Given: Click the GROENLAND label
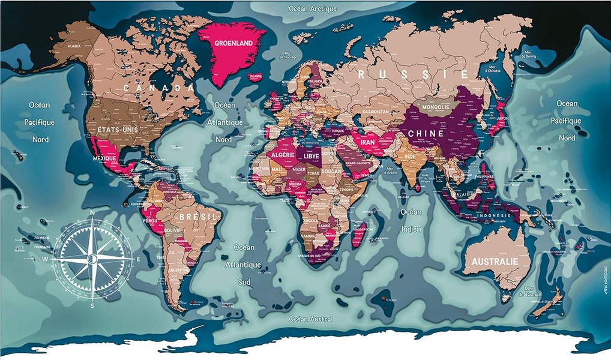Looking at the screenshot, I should [233, 43].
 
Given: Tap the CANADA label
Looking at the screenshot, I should [159, 88].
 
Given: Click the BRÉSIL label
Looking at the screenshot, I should [194, 217].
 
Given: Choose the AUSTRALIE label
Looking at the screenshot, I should [495, 262].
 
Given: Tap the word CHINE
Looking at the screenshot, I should [426, 133].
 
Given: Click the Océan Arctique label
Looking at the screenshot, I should [313, 9].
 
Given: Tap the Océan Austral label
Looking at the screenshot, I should [310, 319].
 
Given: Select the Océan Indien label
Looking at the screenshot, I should [411, 220].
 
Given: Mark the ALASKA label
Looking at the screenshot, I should [74, 46].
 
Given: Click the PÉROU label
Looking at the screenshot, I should [150, 221].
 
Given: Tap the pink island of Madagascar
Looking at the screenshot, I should [358, 234].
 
